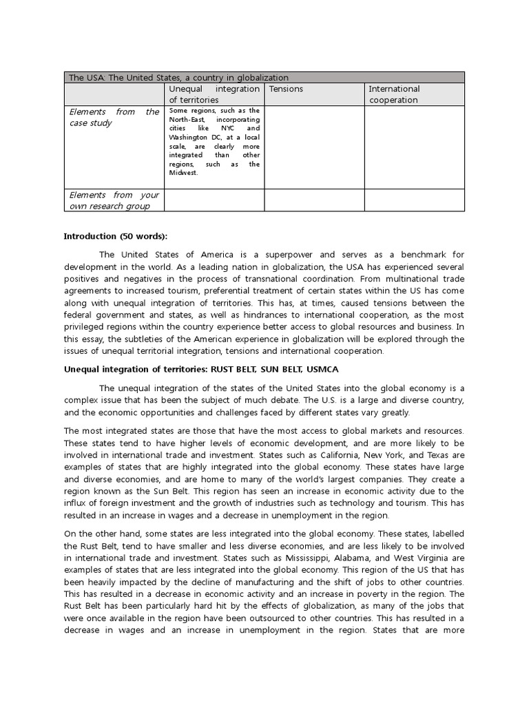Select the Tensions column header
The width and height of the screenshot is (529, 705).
coord(286,89)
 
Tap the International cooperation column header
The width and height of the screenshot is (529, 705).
coord(394,94)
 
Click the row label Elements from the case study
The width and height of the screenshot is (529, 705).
coord(114,117)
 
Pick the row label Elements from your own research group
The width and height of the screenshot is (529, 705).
coord(114,200)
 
